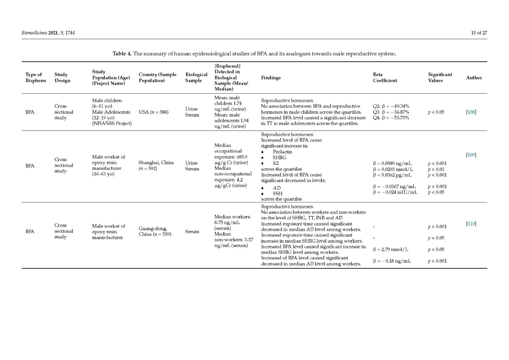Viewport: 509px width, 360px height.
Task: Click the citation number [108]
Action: (x=471, y=112)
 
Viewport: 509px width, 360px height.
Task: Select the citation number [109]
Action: (x=471, y=155)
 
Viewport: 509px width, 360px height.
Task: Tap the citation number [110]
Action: (x=471, y=224)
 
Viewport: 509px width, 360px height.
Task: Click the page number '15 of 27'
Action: (x=479, y=33)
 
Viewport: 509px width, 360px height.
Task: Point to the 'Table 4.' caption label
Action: (x=122, y=53)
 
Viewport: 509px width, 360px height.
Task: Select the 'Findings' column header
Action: (x=271, y=78)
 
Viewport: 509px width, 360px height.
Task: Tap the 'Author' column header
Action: (x=474, y=78)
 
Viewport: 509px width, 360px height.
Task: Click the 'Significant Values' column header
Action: (x=440, y=78)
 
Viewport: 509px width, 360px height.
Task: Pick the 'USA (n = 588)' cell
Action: (x=154, y=112)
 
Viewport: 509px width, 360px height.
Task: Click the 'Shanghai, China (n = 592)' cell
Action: (x=156, y=166)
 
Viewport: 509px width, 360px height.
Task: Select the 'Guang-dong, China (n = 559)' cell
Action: (x=155, y=231)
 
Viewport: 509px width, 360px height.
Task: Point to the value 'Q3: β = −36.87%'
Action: (x=391, y=112)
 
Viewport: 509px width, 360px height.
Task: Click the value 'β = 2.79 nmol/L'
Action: (x=390, y=250)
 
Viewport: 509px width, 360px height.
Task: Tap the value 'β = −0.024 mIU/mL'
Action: (x=395, y=192)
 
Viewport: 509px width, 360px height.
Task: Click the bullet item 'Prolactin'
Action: (x=282, y=152)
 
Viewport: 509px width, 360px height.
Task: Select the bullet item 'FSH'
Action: (x=277, y=194)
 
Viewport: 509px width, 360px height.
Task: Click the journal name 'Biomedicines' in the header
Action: (x=34, y=33)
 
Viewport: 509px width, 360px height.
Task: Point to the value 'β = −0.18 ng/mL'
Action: (x=392, y=261)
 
